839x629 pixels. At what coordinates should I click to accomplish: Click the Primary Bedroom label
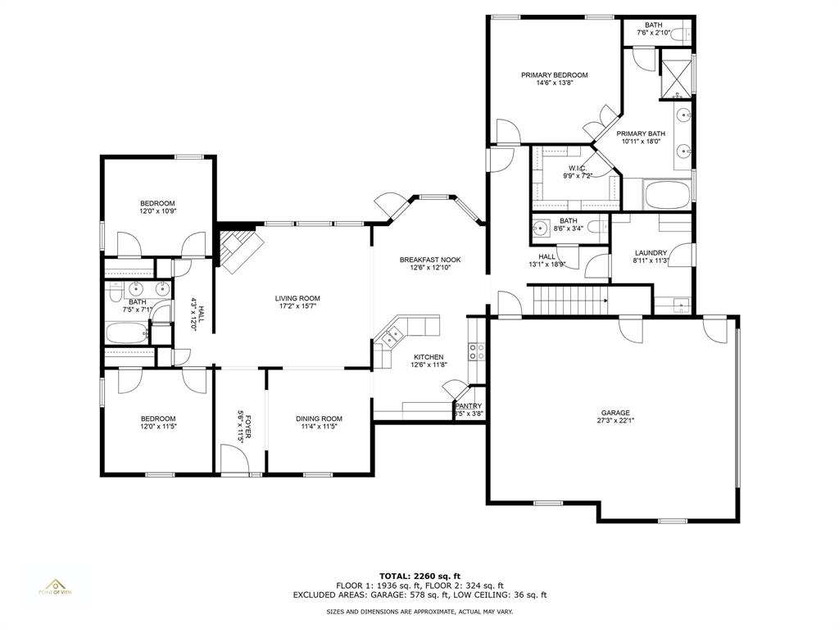554,75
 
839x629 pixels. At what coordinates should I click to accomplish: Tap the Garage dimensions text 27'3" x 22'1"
615,421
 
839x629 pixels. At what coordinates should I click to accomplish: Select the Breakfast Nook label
430,260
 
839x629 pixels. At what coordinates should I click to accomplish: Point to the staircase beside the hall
570,301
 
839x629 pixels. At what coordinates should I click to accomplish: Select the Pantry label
469,405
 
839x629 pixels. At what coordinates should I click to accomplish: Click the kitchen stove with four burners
475,351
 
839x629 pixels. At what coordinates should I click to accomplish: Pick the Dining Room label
319,419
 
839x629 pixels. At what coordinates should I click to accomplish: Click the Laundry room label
651,253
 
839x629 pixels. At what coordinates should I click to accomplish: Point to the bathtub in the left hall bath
127,334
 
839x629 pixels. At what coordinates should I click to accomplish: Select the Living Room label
297,298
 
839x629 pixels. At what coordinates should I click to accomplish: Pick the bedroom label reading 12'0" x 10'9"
157,211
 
